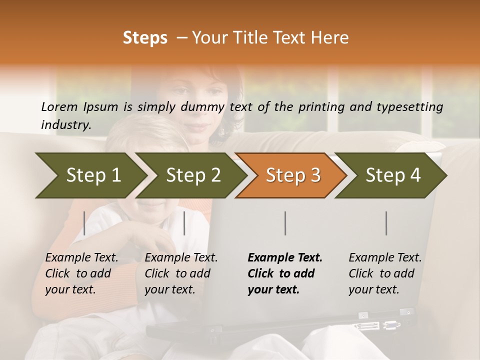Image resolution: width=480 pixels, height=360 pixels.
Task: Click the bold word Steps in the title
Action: [x=145, y=38]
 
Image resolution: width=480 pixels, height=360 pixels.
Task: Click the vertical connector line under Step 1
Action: [x=84, y=223]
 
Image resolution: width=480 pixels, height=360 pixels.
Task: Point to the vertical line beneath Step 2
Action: [x=184, y=223]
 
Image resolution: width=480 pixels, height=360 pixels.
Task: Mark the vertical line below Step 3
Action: [x=285, y=223]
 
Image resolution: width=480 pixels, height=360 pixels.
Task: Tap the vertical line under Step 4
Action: [x=386, y=223]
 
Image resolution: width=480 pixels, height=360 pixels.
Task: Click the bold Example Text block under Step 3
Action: [x=285, y=273]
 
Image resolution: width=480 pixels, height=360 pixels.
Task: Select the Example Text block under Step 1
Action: [x=81, y=273]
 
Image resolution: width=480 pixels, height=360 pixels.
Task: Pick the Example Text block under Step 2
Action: [x=181, y=273]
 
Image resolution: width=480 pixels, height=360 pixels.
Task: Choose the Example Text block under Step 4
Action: [x=385, y=273]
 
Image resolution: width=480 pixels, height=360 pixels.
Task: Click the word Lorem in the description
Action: [x=59, y=106]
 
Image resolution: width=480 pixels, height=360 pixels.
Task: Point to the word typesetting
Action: [x=410, y=106]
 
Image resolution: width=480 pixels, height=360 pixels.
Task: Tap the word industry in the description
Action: [x=66, y=124]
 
